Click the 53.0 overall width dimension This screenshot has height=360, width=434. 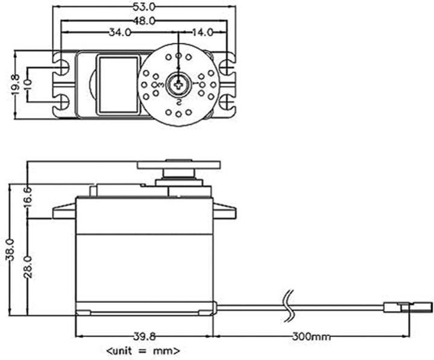143,7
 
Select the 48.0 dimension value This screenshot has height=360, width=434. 143,20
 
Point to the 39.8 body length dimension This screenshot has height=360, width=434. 143,335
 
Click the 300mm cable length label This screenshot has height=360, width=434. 312,335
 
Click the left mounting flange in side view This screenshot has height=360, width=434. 64,211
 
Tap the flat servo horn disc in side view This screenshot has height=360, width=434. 179,164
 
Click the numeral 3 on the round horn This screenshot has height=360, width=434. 157,86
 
